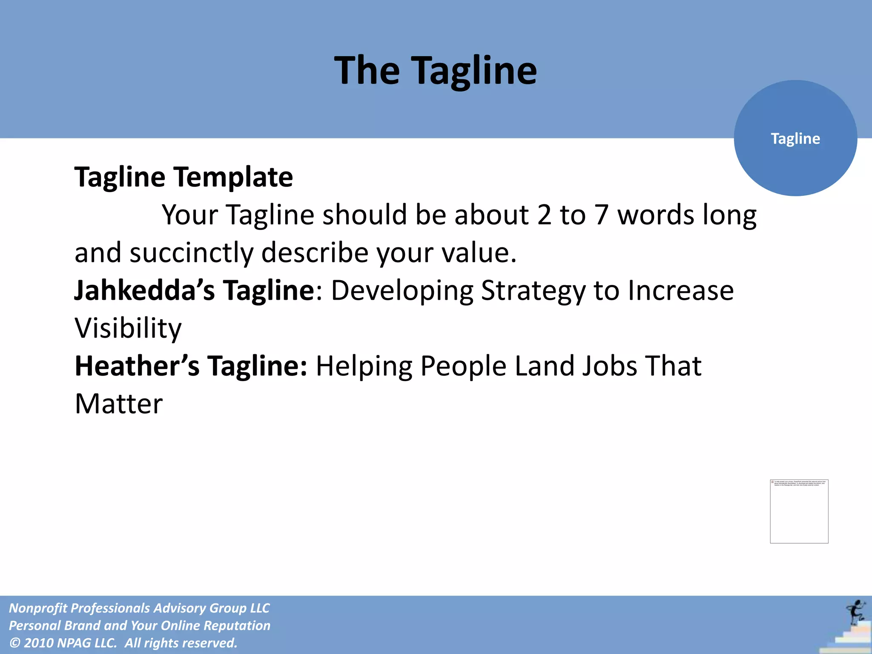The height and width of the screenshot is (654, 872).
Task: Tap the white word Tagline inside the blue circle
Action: click(x=795, y=139)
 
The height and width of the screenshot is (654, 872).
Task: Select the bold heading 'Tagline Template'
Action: click(x=184, y=177)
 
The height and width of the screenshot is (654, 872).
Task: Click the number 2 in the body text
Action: click(x=544, y=215)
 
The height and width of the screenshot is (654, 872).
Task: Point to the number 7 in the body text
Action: click(x=601, y=215)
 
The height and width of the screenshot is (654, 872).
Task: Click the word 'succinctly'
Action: click(x=191, y=253)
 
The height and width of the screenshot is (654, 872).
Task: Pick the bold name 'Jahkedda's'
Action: click(x=144, y=290)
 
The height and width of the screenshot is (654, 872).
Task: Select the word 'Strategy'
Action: click(x=533, y=291)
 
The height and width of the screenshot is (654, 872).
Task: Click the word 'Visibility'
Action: click(x=128, y=329)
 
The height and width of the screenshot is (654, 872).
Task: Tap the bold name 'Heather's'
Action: click(x=137, y=366)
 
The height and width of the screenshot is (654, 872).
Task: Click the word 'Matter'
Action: click(x=119, y=404)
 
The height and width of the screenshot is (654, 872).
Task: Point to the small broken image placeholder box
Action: click(x=799, y=511)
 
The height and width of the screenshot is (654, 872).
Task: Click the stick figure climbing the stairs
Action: click(x=855, y=612)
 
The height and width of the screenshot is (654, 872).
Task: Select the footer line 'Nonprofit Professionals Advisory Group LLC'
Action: click(x=139, y=608)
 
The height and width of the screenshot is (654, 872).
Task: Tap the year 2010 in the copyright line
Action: click(x=39, y=643)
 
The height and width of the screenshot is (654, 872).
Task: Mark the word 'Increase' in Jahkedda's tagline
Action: click(x=680, y=290)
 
